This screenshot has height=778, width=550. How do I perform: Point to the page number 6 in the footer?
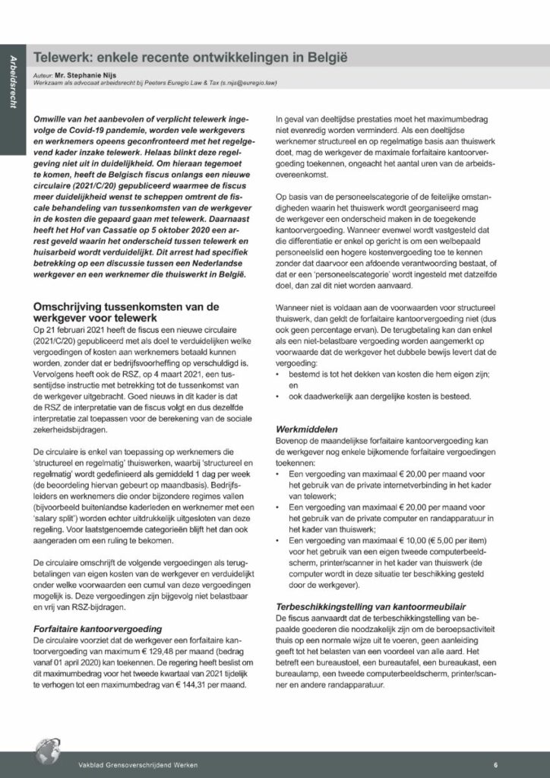click(x=495, y=764)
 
